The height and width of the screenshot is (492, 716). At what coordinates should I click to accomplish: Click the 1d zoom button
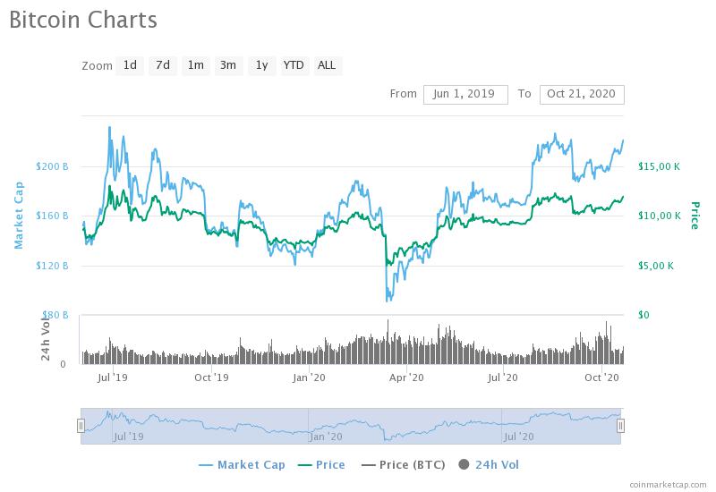(x=131, y=65)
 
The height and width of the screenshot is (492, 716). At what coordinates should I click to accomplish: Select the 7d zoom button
(x=162, y=65)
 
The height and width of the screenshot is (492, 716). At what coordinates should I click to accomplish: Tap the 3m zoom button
(x=228, y=65)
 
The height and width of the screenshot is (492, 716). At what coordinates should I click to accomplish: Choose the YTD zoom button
(x=294, y=65)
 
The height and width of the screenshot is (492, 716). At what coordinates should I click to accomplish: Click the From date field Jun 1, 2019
(x=465, y=94)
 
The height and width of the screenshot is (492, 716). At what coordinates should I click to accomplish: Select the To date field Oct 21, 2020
(x=582, y=94)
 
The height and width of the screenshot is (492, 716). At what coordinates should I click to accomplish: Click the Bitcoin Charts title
(x=82, y=20)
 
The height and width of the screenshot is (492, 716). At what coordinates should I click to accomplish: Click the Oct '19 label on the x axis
(x=212, y=377)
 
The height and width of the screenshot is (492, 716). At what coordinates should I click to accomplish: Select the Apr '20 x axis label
(x=406, y=377)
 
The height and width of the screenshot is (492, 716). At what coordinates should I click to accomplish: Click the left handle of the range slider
(x=81, y=426)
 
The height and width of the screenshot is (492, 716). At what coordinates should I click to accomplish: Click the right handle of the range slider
(x=620, y=426)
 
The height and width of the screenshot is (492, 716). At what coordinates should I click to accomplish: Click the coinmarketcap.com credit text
(x=666, y=485)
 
